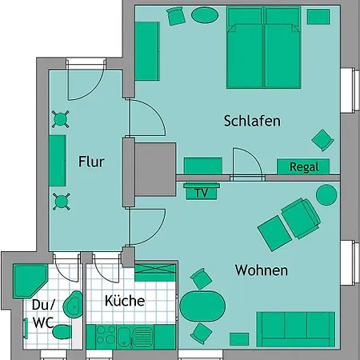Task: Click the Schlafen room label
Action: (x=252, y=122)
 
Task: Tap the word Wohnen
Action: (x=261, y=270)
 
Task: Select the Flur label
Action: (x=91, y=161)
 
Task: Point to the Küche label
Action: (x=124, y=302)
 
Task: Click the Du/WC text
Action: (x=42, y=314)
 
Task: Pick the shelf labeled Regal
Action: (x=303, y=167)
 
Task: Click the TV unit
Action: (x=201, y=193)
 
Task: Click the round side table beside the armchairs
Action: (x=326, y=194)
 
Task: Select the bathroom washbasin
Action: (x=72, y=303)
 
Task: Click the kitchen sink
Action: (x=143, y=336)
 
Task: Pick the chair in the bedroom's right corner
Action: (x=322, y=139)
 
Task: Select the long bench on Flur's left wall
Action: (x=58, y=160)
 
